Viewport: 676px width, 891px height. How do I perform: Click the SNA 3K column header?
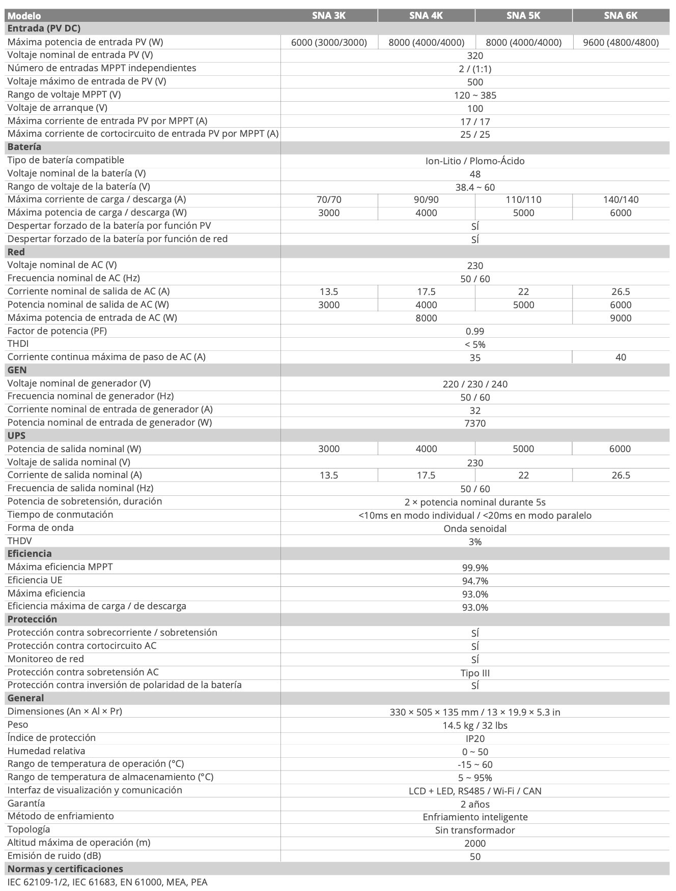point(329,15)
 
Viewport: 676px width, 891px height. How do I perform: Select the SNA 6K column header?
point(621,15)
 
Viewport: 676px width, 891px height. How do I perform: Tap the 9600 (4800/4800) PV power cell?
point(621,42)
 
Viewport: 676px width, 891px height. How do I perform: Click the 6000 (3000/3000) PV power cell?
point(329,42)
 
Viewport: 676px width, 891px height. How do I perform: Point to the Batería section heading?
point(24,147)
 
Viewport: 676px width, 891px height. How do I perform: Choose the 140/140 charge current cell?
point(621,200)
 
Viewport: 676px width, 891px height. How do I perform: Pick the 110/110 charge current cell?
point(523,200)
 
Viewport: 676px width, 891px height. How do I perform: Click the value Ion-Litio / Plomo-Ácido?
point(474,161)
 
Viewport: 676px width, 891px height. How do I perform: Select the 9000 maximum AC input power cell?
point(621,318)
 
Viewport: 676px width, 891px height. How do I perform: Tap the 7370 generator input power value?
point(474,423)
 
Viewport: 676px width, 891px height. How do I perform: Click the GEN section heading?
point(17,370)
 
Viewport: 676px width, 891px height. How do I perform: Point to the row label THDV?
point(19,541)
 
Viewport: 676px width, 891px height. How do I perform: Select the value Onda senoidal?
point(474,528)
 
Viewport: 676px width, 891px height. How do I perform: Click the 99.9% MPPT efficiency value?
point(474,568)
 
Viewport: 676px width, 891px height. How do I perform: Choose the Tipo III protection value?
point(474,673)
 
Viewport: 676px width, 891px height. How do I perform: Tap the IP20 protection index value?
point(474,738)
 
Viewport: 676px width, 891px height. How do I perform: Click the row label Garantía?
point(26,804)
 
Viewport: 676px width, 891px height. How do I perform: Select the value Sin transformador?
point(474,830)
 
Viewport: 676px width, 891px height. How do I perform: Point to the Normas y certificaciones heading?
point(65,869)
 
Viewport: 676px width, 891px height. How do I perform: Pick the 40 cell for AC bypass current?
point(621,358)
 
